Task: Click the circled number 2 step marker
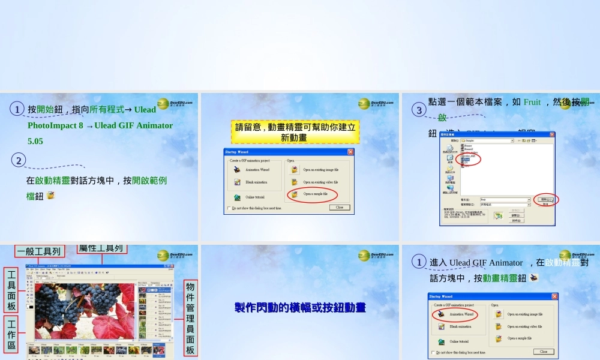coord(19,160)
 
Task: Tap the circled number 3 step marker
coord(419,110)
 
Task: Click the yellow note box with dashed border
coord(295,132)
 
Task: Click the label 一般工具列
coord(40,251)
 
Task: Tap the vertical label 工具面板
coord(11,290)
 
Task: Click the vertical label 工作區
coord(11,334)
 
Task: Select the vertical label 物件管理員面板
coord(190,318)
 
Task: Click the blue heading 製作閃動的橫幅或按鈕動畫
coord(300,308)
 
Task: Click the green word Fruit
coord(532,102)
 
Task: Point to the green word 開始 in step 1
coord(45,109)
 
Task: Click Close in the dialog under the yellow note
coord(339,207)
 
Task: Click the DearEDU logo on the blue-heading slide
coord(376,256)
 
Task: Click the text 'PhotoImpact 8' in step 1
coord(55,125)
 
